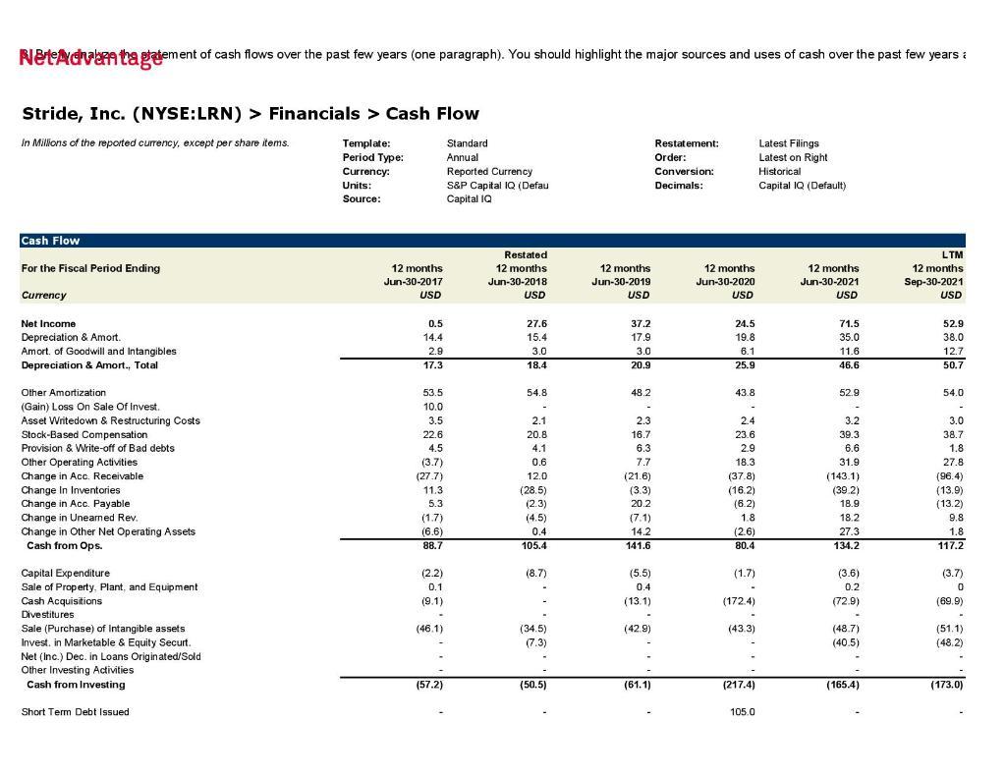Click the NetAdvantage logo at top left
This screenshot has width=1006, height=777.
click(x=90, y=58)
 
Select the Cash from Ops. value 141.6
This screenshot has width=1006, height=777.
click(x=638, y=546)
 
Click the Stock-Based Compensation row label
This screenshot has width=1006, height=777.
click(x=84, y=435)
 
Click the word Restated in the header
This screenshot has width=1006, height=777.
click(x=526, y=255)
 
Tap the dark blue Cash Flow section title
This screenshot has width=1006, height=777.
click(x=50, y=241)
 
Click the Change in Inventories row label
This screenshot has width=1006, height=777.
click(x=71, y=490)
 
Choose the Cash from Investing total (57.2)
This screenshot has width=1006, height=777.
click(x=429, y=685)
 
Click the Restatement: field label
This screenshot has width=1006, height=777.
click(x=687, y=143)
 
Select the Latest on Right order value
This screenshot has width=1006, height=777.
click(x=793, y=157)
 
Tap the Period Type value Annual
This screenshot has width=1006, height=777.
click(x=463, y=157)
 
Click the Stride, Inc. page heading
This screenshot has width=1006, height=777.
click(x=251, y=114)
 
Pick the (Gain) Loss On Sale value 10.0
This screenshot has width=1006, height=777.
click(x=432, y=407)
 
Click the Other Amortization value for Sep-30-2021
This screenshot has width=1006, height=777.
click(x=951, y=393)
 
